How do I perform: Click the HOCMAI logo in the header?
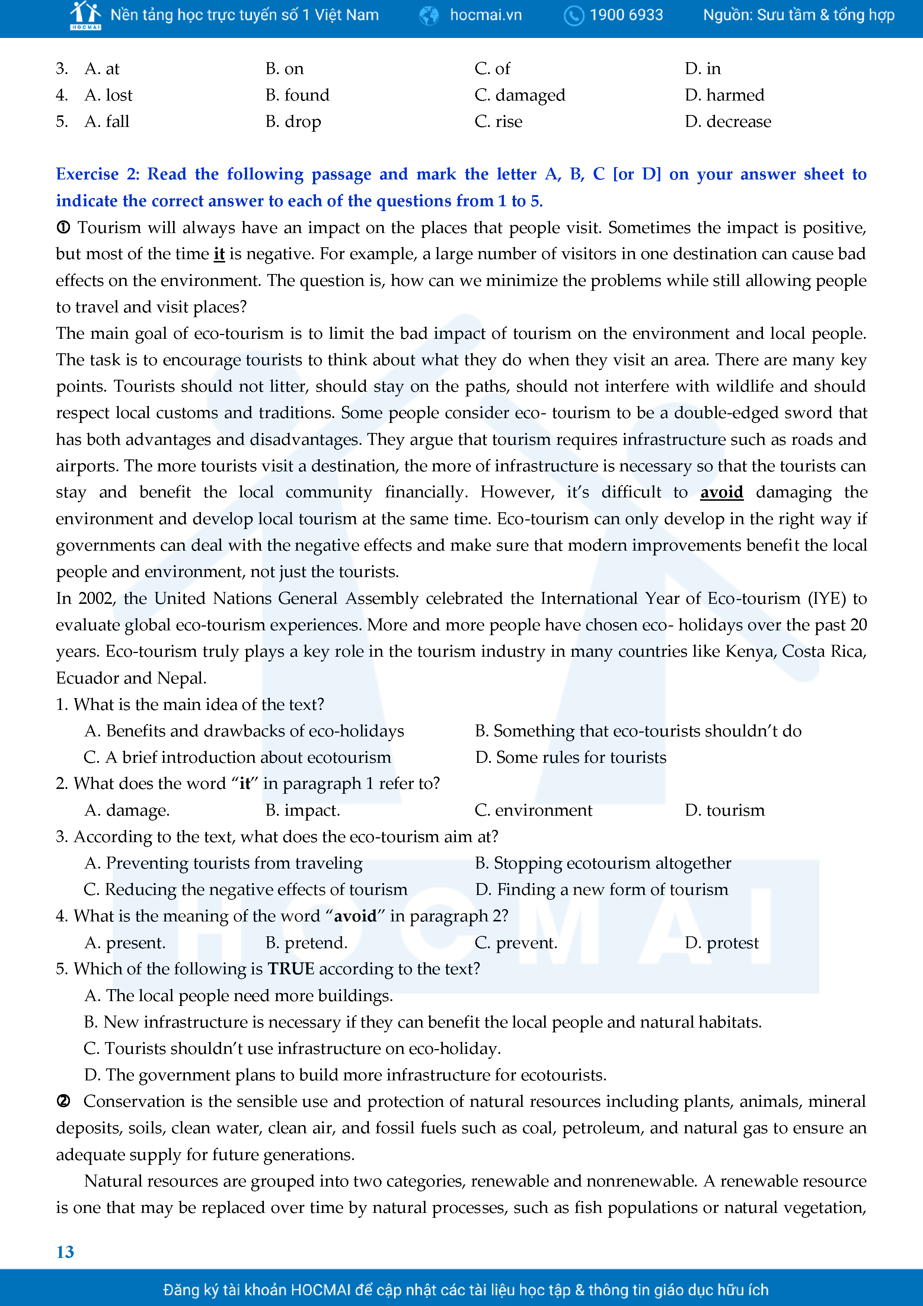(x=85, y=15)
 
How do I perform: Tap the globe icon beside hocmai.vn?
(x=429, y=15)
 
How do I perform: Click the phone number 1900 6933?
(x=626, y=15)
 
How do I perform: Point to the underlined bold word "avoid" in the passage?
(x=721, y=492)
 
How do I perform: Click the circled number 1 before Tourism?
(x=63, y=227)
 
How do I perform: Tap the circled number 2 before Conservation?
(x=63, y=1101)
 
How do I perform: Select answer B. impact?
(x=303, y=810)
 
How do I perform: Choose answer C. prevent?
(x=516, y=943)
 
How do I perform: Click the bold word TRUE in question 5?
(x=291, y=969)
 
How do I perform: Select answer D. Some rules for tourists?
(x=571, y=757)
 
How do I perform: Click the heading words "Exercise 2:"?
(x=97, y=174)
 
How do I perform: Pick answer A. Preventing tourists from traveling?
(x=223, y=863)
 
